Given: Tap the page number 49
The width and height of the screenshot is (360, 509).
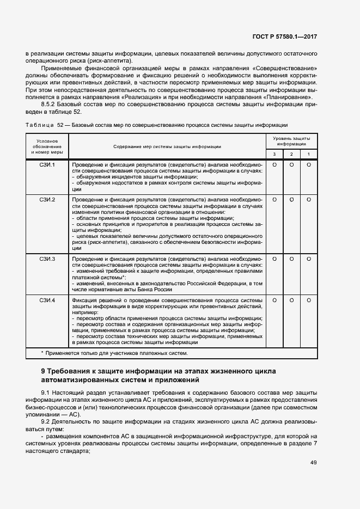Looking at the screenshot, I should [x=314, y=463].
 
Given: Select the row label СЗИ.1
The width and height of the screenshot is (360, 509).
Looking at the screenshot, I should [x=47, y=164].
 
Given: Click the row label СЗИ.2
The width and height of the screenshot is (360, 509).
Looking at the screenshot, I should [x=47, y=200].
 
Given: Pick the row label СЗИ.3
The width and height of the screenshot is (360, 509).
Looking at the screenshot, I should [x=47, y=259].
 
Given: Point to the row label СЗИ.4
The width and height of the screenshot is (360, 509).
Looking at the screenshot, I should [x=47, y=300].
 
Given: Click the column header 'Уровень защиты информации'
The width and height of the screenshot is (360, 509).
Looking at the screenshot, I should [x=291, y=142].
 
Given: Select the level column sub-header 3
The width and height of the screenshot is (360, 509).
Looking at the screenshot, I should [x=274, y=154].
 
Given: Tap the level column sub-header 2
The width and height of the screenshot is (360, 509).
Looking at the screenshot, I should [x=291, y=154].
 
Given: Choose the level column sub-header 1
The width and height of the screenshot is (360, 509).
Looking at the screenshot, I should [x=309, y=154].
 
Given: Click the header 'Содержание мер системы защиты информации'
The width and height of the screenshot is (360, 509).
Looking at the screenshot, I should [x=167, y=147].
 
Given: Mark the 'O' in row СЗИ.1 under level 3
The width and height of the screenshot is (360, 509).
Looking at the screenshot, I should [x=274, y=164].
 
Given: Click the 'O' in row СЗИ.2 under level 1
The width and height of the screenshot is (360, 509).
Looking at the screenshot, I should [x=309, y=200].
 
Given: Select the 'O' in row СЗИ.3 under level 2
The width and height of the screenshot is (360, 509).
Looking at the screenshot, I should [x=291, y=259].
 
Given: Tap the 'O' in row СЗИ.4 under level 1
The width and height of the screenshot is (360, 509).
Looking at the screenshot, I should [x=309, y=300].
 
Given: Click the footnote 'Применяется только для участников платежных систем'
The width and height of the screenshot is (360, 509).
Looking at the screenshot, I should [x=117, y=353].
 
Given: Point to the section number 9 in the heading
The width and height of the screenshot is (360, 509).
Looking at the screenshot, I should [x=44, y=371].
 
